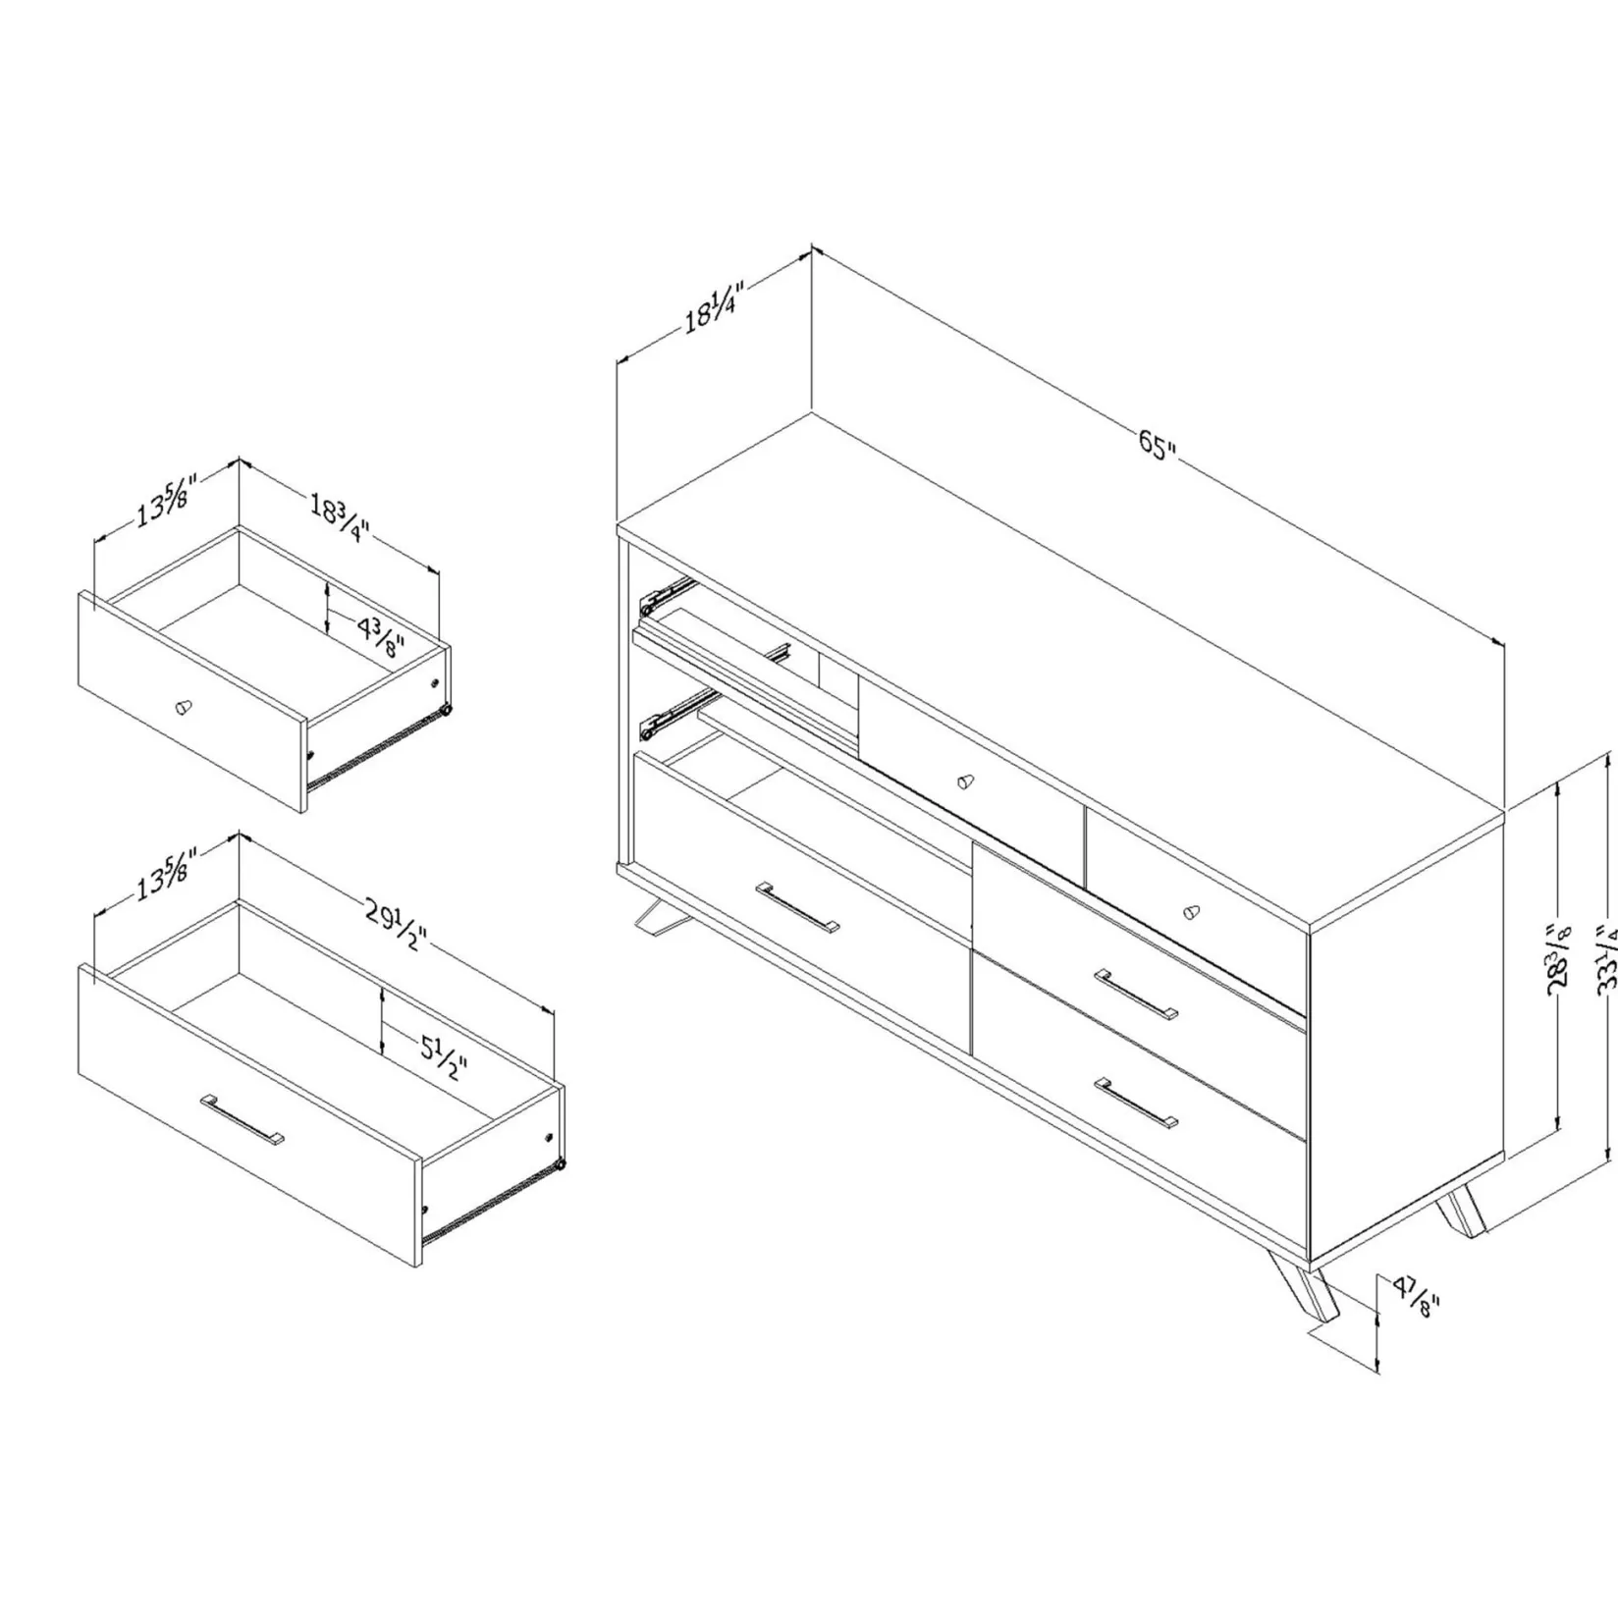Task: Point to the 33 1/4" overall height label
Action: pos(1607,957)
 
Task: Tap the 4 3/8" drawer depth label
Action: pos(381,638)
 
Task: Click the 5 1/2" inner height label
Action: pos(444,1056)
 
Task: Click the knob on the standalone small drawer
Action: pos(184,707)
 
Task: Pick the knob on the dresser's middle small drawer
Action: pos(966,782)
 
